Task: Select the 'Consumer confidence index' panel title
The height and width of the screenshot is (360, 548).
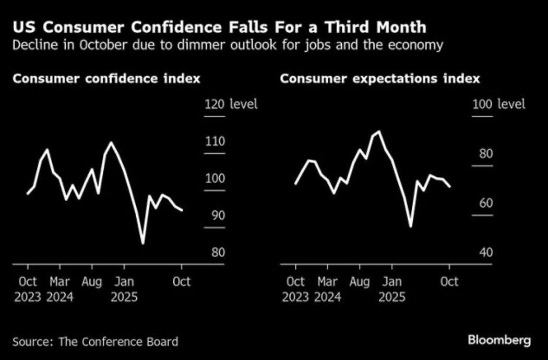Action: click(106, 79)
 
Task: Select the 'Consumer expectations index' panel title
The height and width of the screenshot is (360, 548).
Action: click(380, 79)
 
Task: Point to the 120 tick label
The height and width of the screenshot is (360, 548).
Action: click(215, 104)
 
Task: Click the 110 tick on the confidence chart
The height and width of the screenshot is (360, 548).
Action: click(215, 141)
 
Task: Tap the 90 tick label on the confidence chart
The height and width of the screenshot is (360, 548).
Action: click(215, 215)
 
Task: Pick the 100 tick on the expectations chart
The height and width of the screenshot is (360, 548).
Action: click(482, 104)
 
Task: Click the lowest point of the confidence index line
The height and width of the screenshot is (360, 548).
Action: click(142, 243)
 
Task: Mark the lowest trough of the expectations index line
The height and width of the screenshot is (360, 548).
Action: click(410, 226)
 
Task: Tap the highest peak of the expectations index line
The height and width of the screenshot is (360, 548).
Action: click(378, 131)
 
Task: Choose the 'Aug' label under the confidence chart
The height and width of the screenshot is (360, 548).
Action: click(92, 282)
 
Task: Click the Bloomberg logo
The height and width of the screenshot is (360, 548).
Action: click(499, 341)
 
